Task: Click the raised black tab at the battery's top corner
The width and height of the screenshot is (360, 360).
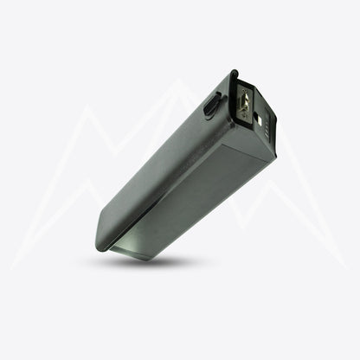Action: click(x=234, y=78)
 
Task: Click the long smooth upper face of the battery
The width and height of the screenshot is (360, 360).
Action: click(x=156, y=164)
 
